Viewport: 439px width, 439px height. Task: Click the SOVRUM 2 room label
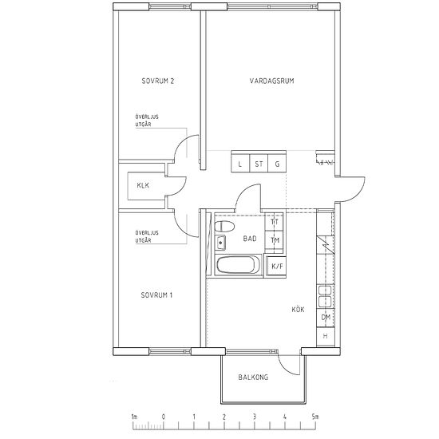(x=158, y=81)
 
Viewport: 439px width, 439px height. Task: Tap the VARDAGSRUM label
(x=272, y=81)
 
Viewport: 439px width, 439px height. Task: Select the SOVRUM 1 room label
(x=156, y=295)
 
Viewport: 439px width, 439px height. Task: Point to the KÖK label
(x=298, y=310)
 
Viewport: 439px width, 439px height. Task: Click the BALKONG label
(x=253, y=377)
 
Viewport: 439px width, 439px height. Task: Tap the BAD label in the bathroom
(x=250, y=239)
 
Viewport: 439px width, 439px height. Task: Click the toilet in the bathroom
(x=224, y=226)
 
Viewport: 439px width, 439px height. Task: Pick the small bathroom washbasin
(x=220, y=243)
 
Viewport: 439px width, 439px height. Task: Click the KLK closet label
(x=143, y=185)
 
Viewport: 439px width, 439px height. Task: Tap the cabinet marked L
(x=240, y=164)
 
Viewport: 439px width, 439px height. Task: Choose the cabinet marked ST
(x=259, y=164)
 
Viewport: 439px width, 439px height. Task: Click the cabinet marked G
(x=277, y=164)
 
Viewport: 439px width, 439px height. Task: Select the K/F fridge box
(x=276, y=266)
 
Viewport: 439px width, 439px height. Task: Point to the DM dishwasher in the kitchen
(x=326, y=318)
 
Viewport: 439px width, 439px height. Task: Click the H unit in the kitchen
(x=326, y=336)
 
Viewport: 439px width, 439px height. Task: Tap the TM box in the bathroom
(x=275, y=240)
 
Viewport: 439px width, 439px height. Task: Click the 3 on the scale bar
(x=254, y=417)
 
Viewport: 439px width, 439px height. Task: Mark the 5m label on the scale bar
(x=315, y=417)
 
